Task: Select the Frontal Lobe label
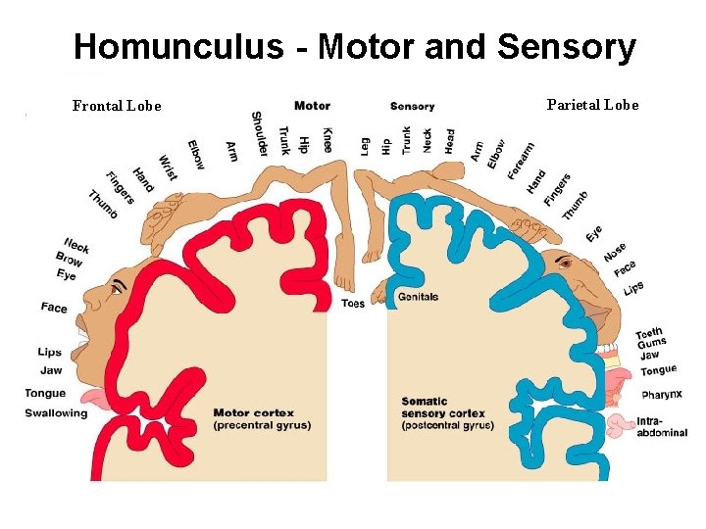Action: click(x=117, y=106)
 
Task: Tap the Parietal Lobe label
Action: click(x=592, y=105)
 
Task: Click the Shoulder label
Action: click(x=259, y=133)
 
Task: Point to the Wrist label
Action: click(x=168, y=168)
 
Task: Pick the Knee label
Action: click(x=327, y=139)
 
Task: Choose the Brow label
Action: click(x=70, y=260)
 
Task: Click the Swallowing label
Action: click(x=57, y=413)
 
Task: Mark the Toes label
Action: click(x=353, y=304)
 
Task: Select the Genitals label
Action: click(x=419, y=297)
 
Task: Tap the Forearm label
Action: click(x=522, y=160)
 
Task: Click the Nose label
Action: click(x=615, y=252)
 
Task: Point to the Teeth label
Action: click(x=649, y=333)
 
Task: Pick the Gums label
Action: click(x=651, y=344)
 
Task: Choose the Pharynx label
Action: click(x=662, y=395)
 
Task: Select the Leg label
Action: click(x=365, y=146)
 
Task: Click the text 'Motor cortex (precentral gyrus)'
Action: click(x=262, y=419)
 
